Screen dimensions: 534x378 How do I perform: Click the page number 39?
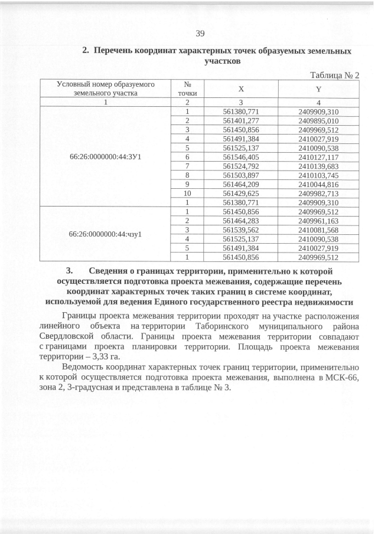(x=200, y=33)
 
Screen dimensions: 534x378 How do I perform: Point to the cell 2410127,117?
(x=318, y=158)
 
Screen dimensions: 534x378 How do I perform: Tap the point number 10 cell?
(x=187, y=193)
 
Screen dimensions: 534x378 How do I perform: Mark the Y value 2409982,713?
(x=318, y=193)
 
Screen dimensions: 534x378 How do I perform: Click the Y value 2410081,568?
(x=318, y=230)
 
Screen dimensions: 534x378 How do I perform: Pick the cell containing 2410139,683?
(x=318, y=166)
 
